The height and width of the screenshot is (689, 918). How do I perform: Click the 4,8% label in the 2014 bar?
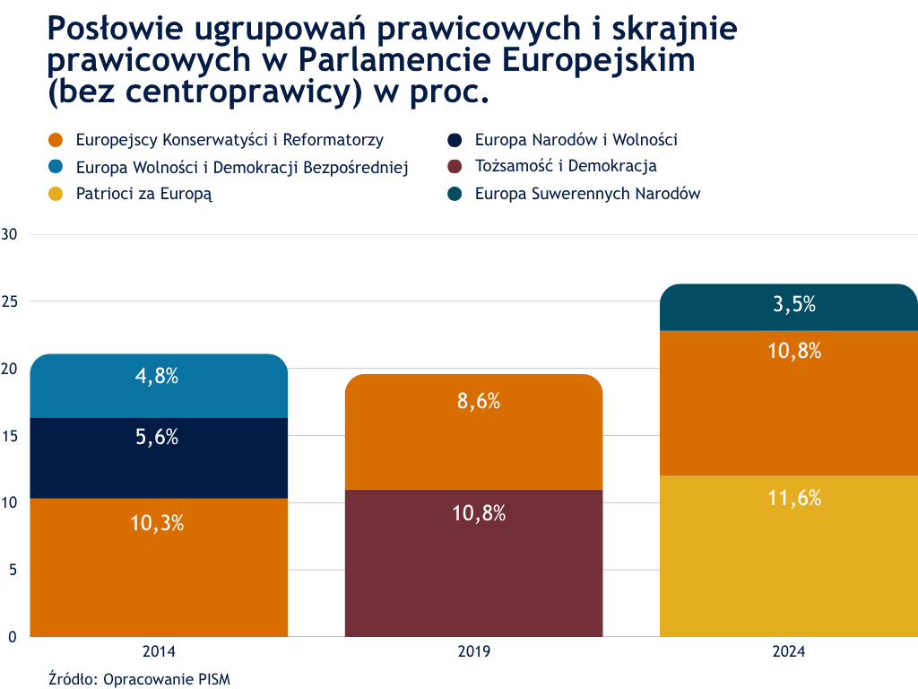[157, 377]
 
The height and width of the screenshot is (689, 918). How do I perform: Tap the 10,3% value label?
[157, 524]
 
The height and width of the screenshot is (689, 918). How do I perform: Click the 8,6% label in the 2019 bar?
[478, 402]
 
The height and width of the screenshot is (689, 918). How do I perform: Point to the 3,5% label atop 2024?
[794, 304]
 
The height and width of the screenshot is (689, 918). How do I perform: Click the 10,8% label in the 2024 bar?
[794, 352]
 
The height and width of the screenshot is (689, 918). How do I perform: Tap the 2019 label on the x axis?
[473, 652]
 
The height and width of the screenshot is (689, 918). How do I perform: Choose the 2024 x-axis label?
[789, 652]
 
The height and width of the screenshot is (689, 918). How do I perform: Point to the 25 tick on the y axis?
[10, 301]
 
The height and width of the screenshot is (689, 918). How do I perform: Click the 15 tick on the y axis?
[10, 435]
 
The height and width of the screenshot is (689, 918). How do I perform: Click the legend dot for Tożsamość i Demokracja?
[455, 167]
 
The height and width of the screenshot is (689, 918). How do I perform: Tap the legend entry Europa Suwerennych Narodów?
[587, 193]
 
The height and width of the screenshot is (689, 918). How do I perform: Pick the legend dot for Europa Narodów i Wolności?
[455, 140]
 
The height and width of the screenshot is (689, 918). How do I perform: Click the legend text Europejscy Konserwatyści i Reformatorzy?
[229, 140]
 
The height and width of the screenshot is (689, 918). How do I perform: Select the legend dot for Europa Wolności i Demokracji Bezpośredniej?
[56, 167]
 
